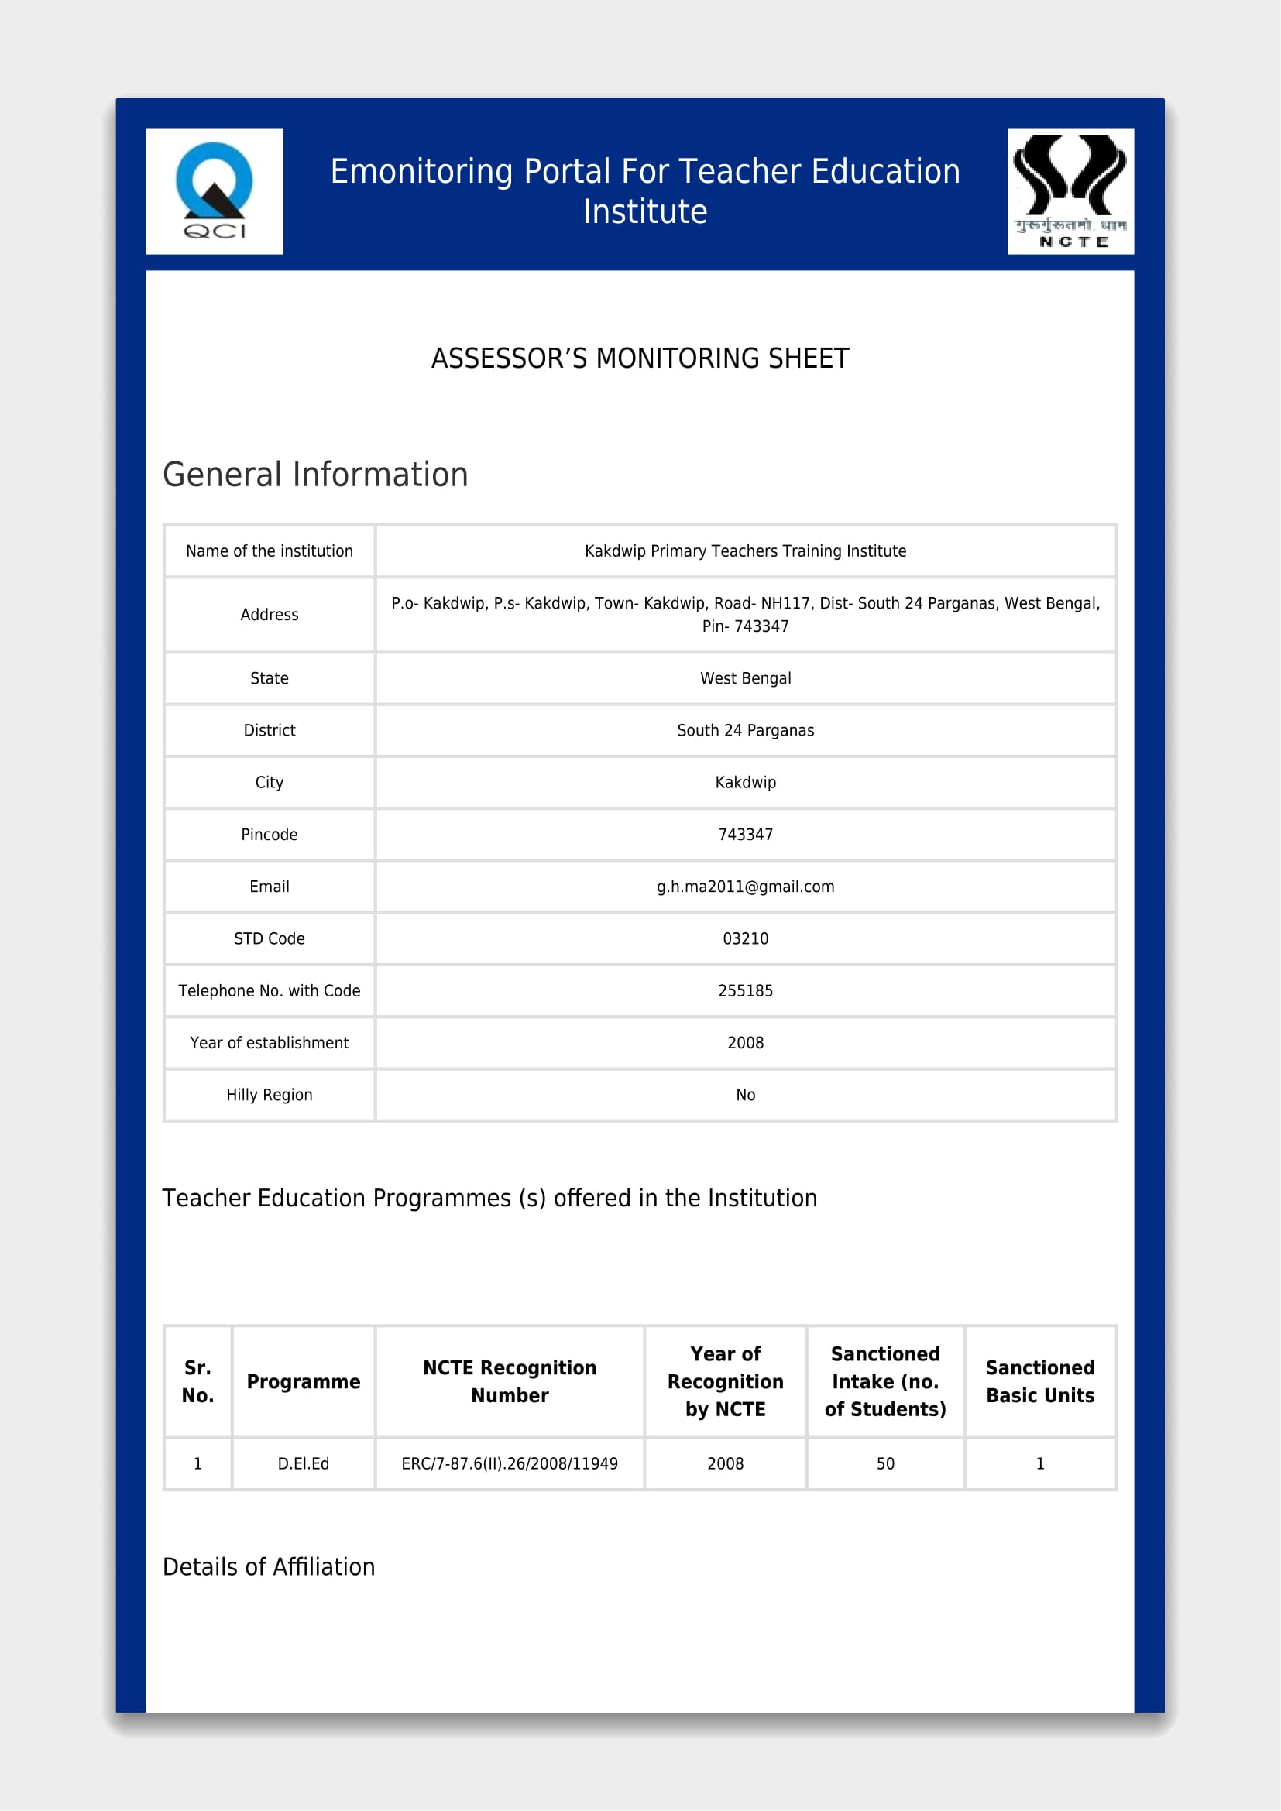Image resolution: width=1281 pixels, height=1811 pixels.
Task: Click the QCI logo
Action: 214,191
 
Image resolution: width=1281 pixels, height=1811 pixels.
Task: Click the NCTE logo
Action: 1070,191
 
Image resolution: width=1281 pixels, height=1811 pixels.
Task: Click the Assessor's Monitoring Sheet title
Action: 640,359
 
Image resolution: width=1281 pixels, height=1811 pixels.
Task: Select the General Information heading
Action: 314,475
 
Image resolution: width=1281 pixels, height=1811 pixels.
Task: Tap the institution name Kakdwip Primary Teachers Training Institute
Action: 744,551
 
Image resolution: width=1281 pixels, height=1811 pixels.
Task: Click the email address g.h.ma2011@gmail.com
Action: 744,887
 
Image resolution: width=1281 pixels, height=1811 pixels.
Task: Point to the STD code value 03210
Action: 744,938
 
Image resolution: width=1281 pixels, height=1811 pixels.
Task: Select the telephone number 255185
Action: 744,991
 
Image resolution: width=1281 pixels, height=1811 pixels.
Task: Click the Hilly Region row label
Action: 269,1095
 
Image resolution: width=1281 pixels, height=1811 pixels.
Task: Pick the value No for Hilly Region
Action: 744,1095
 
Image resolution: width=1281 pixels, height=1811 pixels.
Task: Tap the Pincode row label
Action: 269,835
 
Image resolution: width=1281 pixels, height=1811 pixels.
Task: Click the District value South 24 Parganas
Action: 744,730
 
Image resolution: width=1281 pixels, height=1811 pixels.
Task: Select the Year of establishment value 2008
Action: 744,1043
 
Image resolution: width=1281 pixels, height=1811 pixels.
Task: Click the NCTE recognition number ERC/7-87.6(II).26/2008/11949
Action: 510,1464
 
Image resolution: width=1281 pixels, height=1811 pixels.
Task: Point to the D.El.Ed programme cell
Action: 303,1464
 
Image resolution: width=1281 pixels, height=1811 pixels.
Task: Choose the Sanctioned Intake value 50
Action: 885,1464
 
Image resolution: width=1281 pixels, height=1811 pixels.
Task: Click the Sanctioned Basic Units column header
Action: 1039,1381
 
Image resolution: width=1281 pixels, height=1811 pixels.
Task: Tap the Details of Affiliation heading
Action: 268,1566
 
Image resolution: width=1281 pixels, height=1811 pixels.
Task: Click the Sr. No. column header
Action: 197,1381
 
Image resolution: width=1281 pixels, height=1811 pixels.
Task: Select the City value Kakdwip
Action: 744,783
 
